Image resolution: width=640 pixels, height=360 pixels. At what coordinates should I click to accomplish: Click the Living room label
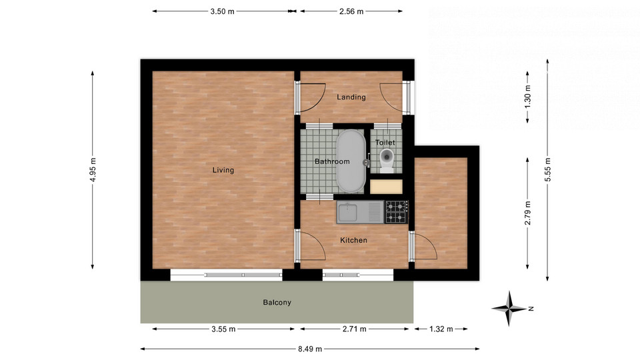pyautogui.click(x=223, y=170)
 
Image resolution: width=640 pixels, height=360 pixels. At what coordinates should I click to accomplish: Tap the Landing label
pyautogui.click(x=351, y=97)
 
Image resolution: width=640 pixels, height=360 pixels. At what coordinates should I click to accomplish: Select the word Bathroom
pyautogui.click(x=332, y=161)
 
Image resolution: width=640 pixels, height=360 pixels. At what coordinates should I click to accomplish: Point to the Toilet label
pyautogui.click(x=385, y=143)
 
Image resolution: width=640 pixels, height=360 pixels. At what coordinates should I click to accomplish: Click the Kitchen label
pyautogui.click(x=353, y=241)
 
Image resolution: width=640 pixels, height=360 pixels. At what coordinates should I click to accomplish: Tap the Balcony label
pyautogui.click(x=277, y=303)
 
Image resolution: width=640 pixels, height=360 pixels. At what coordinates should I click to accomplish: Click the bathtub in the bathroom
pyautogui.click(x=351, y=161)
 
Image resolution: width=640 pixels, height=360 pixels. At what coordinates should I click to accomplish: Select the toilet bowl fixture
pyautogui.click(x=387, y=159)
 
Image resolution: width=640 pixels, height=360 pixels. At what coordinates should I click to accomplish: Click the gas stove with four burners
pyautogui.click(x=396, y=212)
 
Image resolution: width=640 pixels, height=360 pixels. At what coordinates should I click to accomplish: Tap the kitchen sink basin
pyautogui.click(x=347, y=213)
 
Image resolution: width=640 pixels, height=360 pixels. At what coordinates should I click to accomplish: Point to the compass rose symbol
pyautogui.click(x=509, y=309)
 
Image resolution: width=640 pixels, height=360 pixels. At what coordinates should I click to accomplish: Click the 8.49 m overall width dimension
pyautogui.click(x=310, y=349)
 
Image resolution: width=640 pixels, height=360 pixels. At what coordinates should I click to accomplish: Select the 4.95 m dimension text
pyautogui.click(x=93, y=170)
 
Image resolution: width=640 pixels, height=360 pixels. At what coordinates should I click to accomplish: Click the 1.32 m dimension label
pyautogui.click(x=441, y=329)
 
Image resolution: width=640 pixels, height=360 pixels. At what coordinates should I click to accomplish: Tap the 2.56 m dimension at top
pyautogui.click(x=351, y=11)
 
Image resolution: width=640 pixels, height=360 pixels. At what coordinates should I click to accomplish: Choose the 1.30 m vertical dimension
pyautogui.click(x=527, y=97)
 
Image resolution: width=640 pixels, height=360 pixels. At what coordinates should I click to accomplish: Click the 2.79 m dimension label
pyautogui.click(x=527, y=213)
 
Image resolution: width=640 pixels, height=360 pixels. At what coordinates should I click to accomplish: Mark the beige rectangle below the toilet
pyautogui.click(x=386, y=187)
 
